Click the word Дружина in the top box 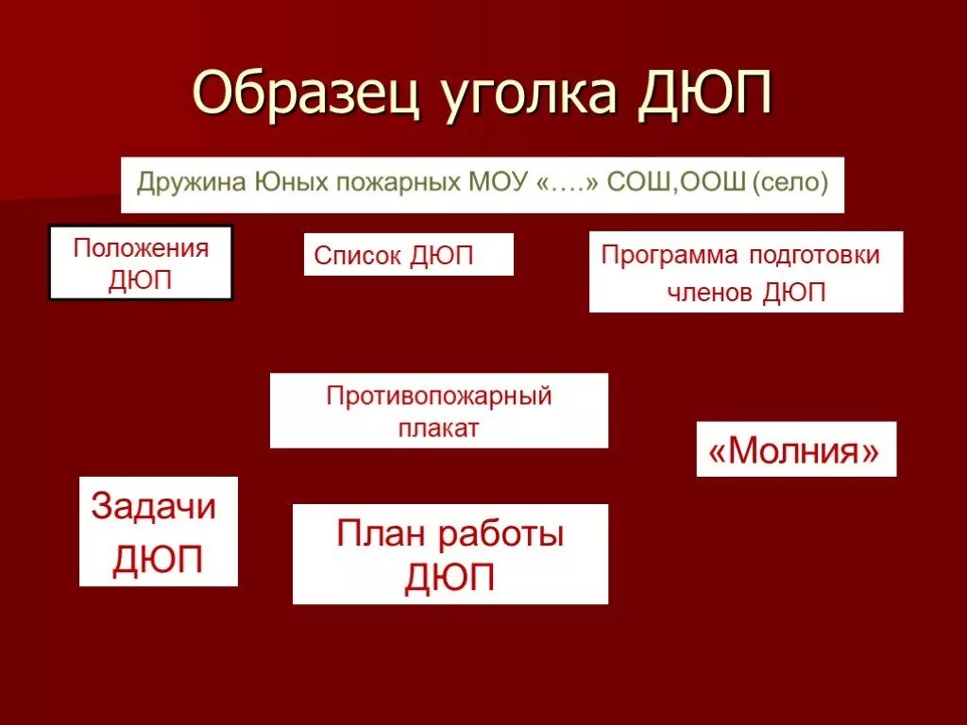pos(190,182)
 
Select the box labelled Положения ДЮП pos(141,263)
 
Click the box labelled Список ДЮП pos(408,255)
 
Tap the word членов pos(711,293)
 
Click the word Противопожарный pos(438,396)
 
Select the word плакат pos(438,428)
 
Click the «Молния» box pos(795,450)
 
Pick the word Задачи pos(154,507)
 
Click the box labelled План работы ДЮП pos(450,554)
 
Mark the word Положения pos(141,249)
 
